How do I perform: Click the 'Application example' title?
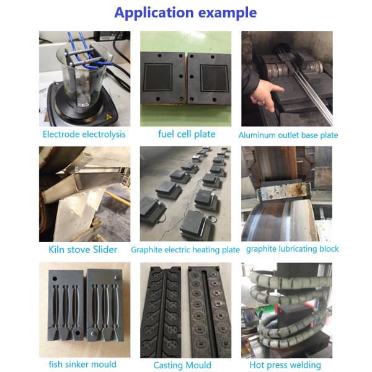tap(185, 12)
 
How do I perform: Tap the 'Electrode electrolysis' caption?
tap(84, 135)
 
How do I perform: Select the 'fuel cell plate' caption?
tap(187, 135)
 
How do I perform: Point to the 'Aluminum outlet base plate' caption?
tap(288, 135)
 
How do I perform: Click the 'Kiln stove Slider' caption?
tap(83, 250)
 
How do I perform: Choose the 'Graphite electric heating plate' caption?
tap(185, 250)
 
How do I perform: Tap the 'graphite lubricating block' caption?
tap(292, 249)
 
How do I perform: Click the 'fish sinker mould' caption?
tap(82, 364)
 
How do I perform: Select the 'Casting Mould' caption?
tap(182, 365)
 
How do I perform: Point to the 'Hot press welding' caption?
tap(285, 365)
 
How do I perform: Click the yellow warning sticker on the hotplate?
tap(108, 117)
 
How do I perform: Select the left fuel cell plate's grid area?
tap(158, 77)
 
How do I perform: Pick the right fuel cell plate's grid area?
tap(215, 78)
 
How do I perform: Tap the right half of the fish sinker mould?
tap(105, 305)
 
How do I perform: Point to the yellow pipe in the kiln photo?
tap(118, 198)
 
